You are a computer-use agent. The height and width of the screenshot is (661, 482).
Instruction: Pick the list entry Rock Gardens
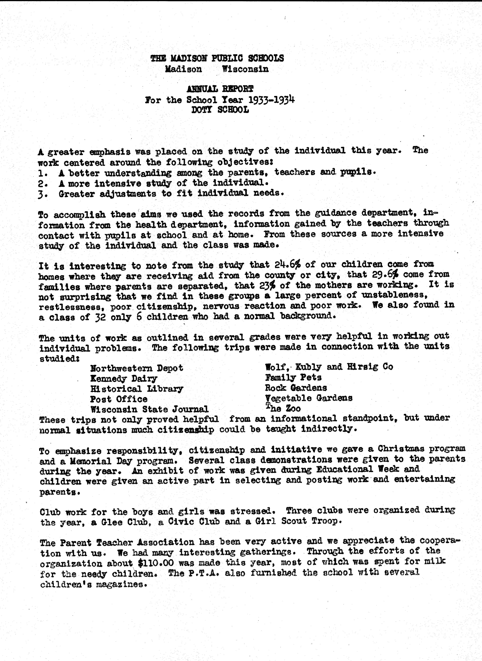coord(296,388)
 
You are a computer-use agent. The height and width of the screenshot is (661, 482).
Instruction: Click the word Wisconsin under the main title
coord(245,69)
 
